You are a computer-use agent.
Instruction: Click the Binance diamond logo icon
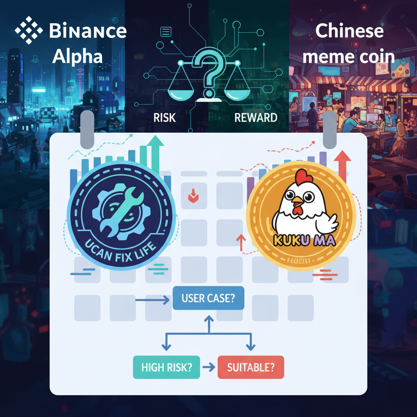(x=29, y=30)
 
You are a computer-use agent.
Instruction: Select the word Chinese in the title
(x=349, y=31)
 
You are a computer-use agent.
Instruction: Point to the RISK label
(x=165, y=118)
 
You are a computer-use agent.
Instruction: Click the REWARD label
(x=256, y=118)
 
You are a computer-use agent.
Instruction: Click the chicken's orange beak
(x=298, y=200)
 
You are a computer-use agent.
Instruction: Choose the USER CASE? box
(x=208, y=298)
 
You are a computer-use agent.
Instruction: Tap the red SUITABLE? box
(x=250, y=367)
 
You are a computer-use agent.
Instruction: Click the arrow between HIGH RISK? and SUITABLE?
(x=208, y=367)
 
